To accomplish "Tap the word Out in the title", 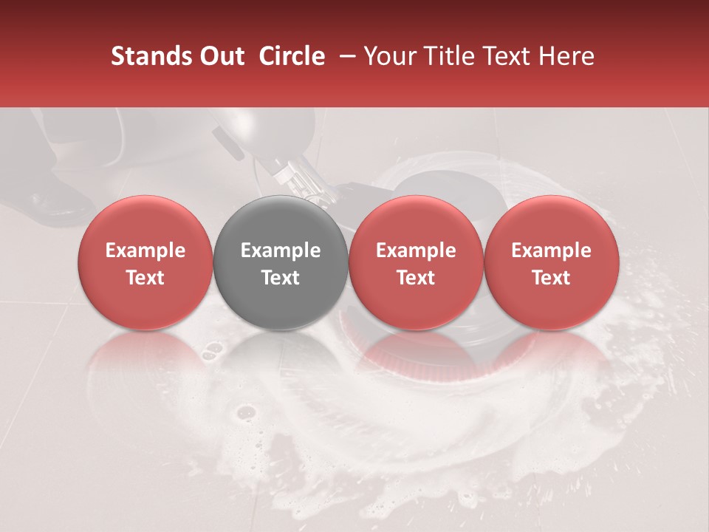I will click(x=221, y=56).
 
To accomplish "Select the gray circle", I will click(x=280, y=262).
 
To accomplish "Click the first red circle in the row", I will click(x=145, y=262).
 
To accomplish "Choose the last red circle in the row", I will click(x=551, y=262).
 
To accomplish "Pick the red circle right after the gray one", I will click(x=416, y=262).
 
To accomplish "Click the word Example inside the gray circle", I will click(x=281, y=250).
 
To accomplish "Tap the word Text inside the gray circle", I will click(x=281, y=278).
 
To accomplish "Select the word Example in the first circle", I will click(x=145, y=250).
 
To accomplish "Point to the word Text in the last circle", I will click(x=551, y=278).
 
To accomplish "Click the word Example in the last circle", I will click(x=551, y=250).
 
